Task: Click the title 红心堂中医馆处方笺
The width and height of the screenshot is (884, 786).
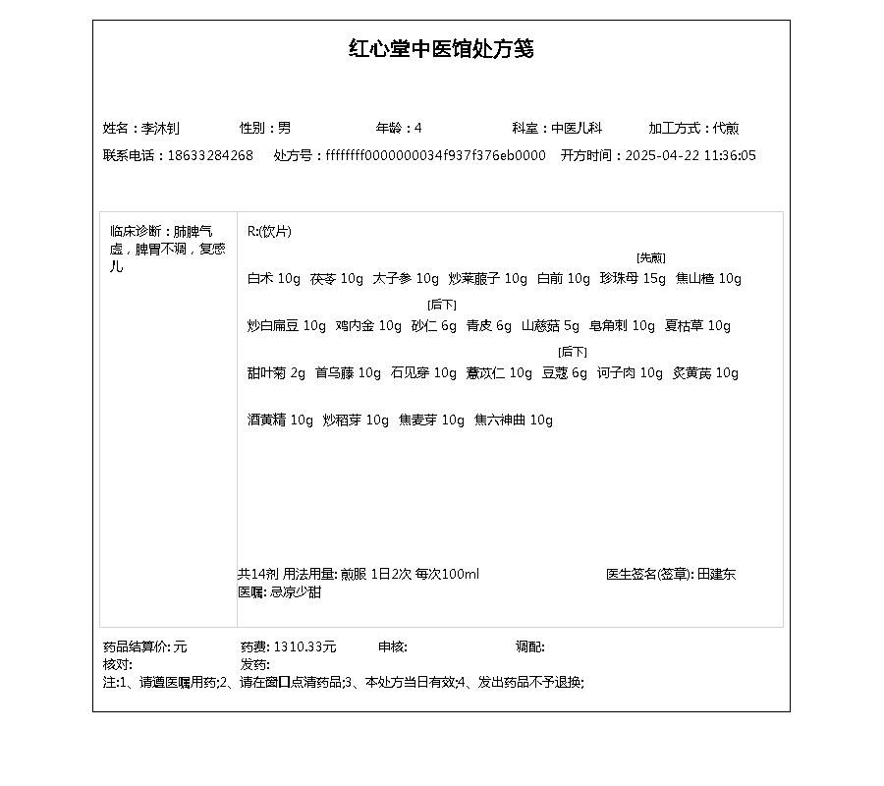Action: click(441, 49)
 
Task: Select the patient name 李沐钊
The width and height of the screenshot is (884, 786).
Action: click(161, 128)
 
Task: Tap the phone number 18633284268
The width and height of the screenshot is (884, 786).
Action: click(210, 155)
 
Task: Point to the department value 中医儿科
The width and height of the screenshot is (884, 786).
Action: click(577, 128)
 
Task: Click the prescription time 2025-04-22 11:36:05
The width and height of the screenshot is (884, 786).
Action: click(691, 155)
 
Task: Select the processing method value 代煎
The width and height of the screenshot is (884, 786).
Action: click(726, 128)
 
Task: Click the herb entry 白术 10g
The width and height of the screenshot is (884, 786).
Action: click(274, 279)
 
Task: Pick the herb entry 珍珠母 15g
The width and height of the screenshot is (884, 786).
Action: click(633, 279)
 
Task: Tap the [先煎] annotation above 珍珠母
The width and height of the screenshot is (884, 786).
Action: click(650, 258)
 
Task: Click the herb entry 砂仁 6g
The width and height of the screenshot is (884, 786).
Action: click(434, 326)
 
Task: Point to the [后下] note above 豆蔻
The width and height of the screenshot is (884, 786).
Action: click(573, 352)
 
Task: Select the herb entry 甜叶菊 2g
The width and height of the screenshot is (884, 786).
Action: click(276, 373)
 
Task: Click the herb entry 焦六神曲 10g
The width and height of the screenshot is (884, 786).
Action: click(514, 421)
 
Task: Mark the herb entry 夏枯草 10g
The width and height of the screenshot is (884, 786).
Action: click(697, 326)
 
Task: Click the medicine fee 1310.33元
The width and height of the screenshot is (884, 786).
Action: click(304, 646)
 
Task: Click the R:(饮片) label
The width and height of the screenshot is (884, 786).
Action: click(269, 232)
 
